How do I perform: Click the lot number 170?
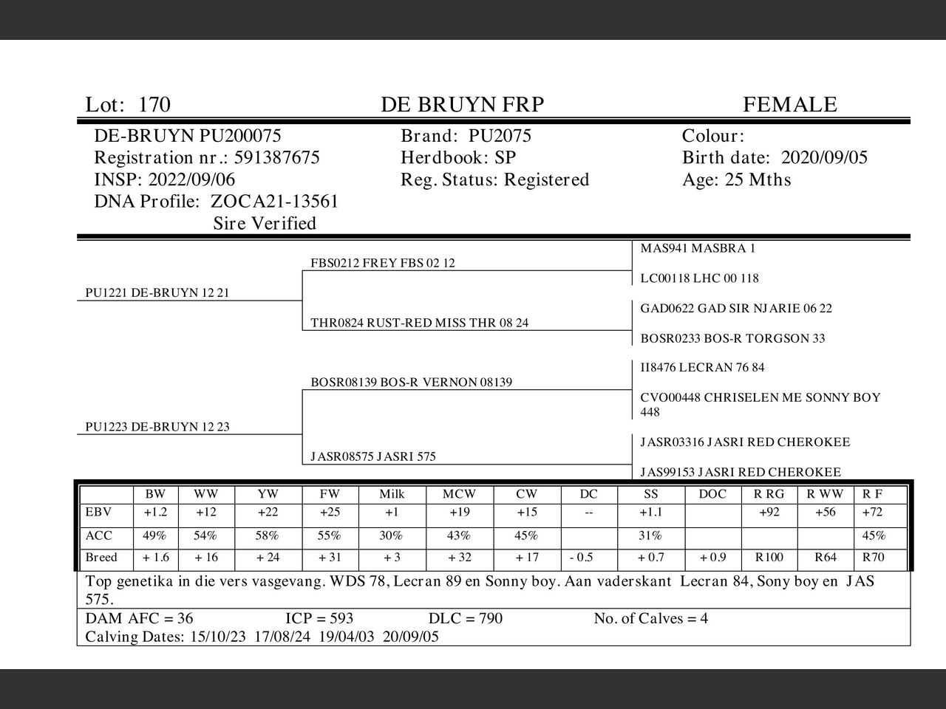tap(154, 105)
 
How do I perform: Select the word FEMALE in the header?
tap(789, 105)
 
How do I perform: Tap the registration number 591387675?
tap(276, 157)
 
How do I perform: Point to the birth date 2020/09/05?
tap(824, 157)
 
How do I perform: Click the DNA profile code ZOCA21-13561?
tap(274, 202)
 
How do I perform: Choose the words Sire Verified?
tap(264, 223)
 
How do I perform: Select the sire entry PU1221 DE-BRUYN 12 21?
tap(157, 292)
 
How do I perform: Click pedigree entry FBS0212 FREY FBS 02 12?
tap(383, 263)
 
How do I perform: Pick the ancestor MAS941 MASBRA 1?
tap(698, 248)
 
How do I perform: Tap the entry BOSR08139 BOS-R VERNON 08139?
tap(411, 382)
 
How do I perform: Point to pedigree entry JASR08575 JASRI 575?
tap(373, 456)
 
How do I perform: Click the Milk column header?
tap(392, 494)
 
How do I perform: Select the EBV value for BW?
tap(155, 513)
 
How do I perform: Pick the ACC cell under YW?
tap(268, 535)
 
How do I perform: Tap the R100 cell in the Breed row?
tap(769, 558)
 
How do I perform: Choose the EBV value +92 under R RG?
tap(769, 513)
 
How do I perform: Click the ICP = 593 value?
tap(319, 618)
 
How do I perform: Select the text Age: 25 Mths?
tap(736, 179)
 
